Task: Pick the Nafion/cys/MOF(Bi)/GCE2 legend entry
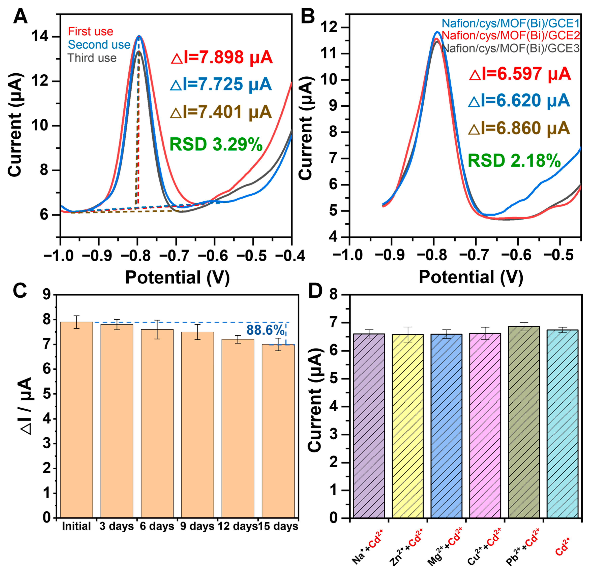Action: pyautogui.click(x=510, y=36)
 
